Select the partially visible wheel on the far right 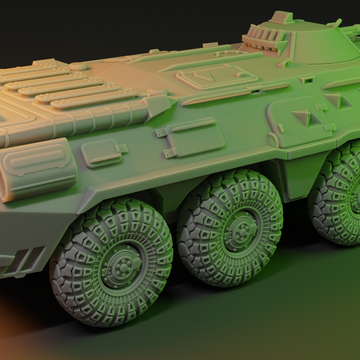coord(340,195)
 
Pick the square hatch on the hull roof coord(217,76)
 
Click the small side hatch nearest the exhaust coord(102,153)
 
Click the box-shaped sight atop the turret coord(282,17)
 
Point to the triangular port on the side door coord(302,117)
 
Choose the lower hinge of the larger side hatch coord(170,152)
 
